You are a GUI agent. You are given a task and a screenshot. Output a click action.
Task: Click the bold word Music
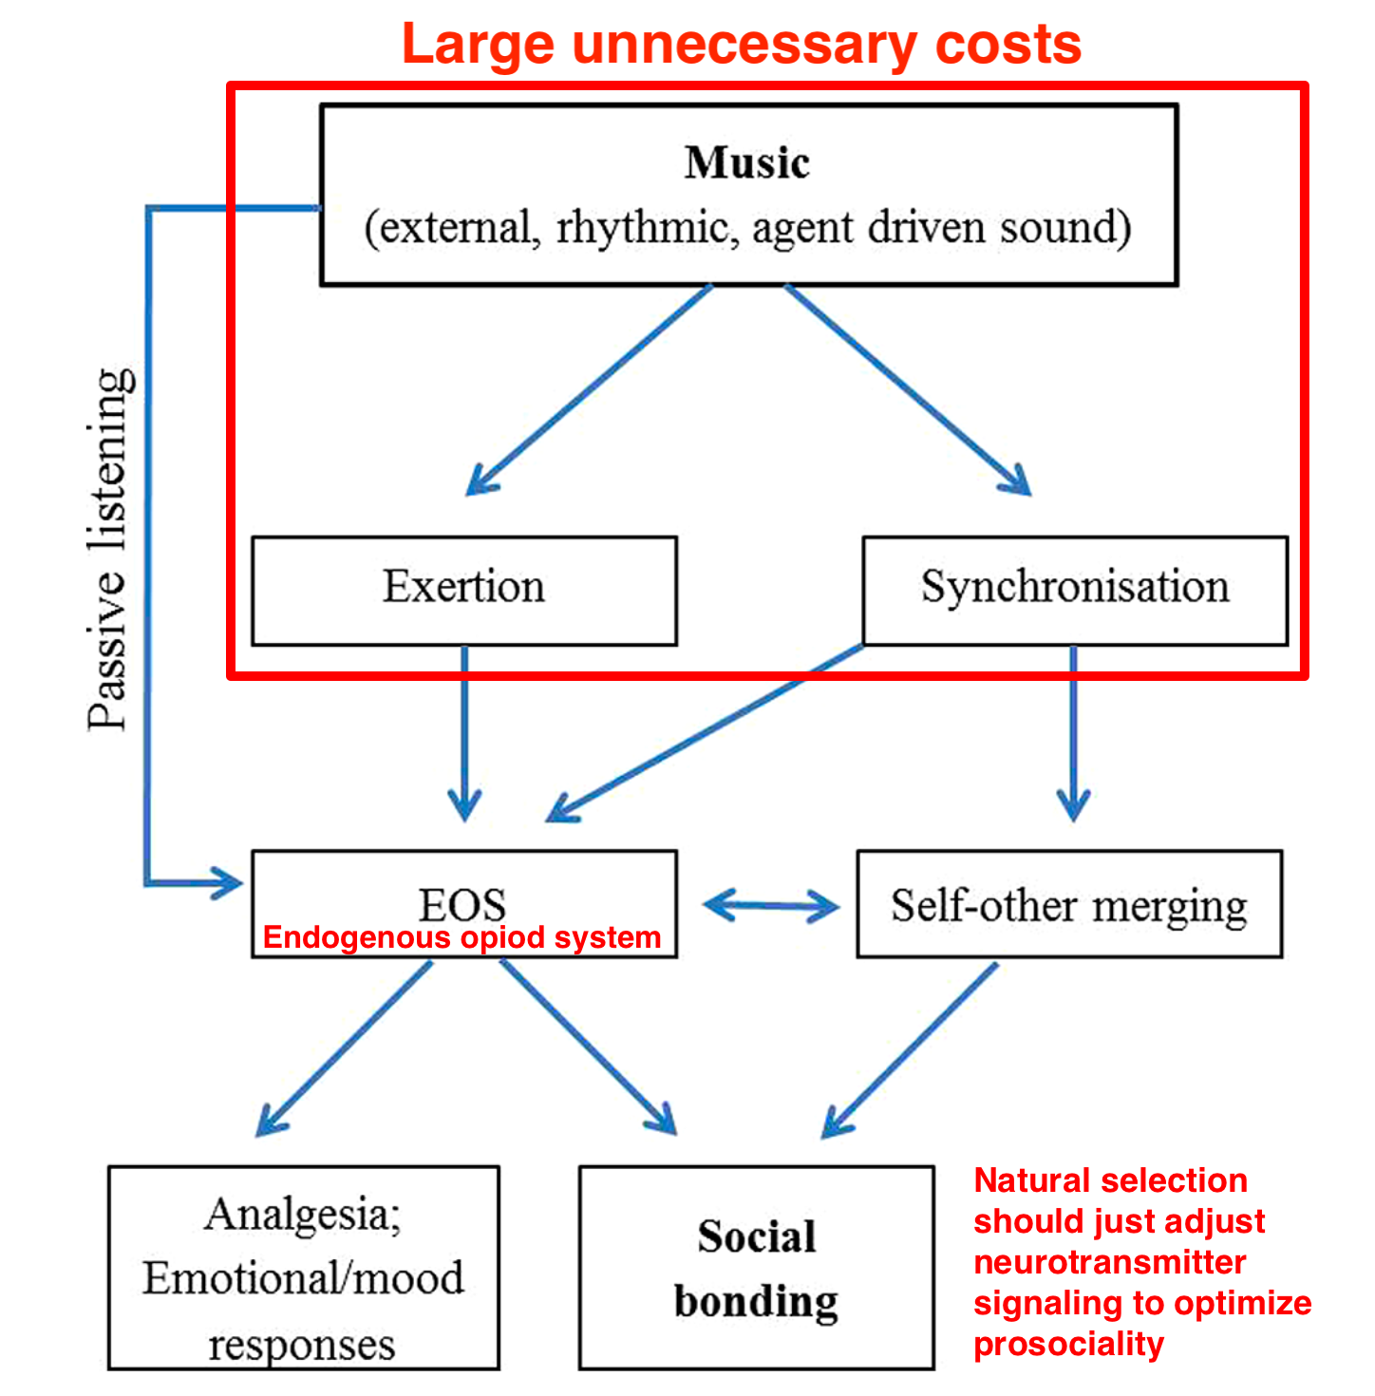point(747,162)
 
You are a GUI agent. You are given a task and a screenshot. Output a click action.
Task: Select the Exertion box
point(464,590)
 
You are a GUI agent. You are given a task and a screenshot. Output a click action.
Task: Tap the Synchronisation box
point(1075,590)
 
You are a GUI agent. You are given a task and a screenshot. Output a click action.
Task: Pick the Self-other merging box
point(1069,904)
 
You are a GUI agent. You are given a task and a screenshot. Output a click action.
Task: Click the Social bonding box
point(757,1268)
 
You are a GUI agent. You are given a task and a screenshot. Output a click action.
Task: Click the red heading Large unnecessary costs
point(742,44)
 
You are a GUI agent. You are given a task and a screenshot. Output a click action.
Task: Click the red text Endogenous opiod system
point(461,937)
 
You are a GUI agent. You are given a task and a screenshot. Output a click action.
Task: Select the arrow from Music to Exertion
point(589,389)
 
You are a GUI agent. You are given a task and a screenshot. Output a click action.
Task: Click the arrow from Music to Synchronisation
point(907,389)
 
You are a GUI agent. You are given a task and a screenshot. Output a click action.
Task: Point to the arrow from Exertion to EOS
point(464,731)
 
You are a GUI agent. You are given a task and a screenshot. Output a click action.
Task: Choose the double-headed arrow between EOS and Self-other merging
point(770,905)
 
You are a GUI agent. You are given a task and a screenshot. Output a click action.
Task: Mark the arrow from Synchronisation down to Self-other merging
point(1073,731)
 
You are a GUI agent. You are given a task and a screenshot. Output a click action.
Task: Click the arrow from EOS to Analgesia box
point(344,1048)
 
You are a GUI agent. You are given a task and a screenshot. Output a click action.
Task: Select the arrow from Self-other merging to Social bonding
point(910,1050)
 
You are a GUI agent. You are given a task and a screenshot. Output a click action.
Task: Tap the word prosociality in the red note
point(1068,1345)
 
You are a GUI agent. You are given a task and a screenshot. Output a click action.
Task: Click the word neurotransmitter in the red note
point(1110,1263)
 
